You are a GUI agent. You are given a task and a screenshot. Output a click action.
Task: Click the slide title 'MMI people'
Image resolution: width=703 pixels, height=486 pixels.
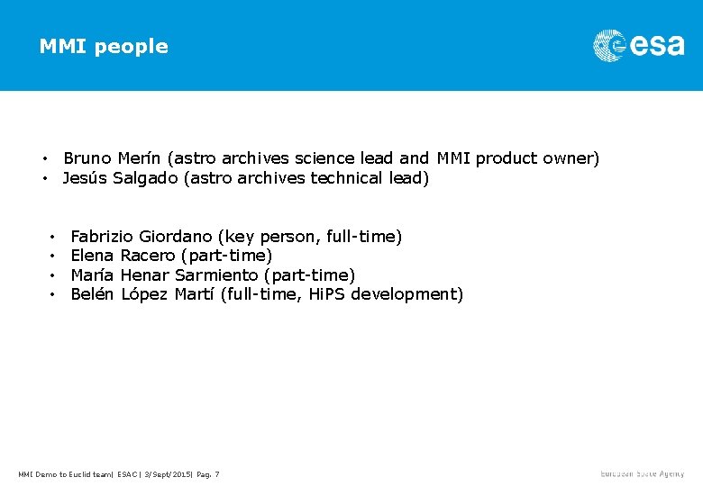click(x=104, y=46)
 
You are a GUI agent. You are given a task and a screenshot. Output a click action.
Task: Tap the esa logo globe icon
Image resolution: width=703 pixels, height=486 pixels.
click(x=609, y=45)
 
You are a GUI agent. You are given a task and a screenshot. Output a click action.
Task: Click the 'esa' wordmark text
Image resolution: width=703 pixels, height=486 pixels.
click(x=657, y=46)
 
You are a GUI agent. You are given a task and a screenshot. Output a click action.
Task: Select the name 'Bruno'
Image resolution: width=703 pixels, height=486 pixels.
click(x=87, y=158)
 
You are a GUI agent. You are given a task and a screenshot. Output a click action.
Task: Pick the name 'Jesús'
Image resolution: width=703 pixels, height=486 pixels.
click(x=85, y=178)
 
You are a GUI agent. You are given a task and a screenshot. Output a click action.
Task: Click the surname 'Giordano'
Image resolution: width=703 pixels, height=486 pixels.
click(x=177, y=237)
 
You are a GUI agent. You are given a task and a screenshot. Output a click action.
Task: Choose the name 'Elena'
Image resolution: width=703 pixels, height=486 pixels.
click(x=92, y=256)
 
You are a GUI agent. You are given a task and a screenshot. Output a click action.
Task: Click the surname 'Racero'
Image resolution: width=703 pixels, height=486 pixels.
click(x=148, y=256)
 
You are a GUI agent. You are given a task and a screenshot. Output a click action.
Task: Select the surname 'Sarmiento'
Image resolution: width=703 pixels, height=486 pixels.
click(x=216, y=274)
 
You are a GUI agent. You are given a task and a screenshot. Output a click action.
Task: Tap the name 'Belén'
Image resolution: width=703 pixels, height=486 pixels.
click(x=93, y=293)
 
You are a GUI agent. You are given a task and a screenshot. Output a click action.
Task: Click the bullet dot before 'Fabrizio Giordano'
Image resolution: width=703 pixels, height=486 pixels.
click(x=54, y=238)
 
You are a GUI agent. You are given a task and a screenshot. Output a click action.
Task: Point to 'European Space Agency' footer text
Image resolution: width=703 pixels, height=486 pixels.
click(x=643, y=473)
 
